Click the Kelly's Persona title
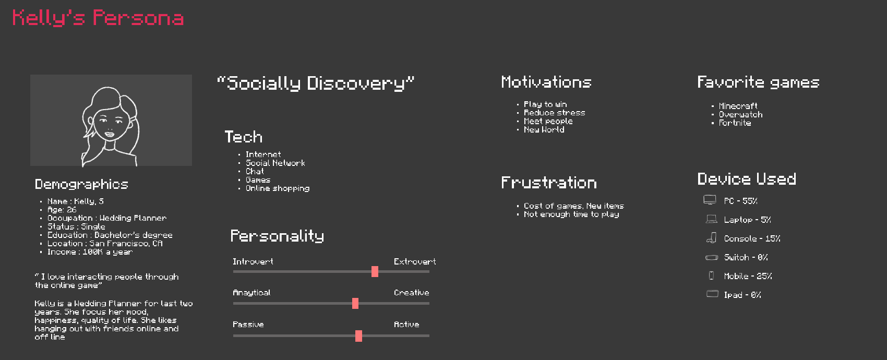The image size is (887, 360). [98, 18]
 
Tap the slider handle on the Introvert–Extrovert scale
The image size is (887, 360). [375, 271]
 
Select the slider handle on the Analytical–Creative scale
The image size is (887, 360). [355, 303]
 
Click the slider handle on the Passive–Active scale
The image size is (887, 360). [358, 336]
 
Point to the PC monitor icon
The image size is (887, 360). [710, 200]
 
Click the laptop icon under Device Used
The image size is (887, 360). [712, 219]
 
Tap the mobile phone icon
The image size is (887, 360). [711, 275]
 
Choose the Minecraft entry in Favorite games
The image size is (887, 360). [738, 106]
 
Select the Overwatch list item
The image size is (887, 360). [740, 114]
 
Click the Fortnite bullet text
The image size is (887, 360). [735, 123]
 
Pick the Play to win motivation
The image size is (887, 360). [545, 104]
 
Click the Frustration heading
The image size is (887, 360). [549, 183]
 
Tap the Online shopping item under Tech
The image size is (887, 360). [278, 188]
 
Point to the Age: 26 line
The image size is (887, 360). [62, 210]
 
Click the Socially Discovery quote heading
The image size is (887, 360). [316, 83]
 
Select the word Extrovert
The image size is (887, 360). [415, 261]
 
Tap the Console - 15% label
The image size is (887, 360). [752, 238]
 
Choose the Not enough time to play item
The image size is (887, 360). [571, 214]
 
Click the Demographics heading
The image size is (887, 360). [81, 184]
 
